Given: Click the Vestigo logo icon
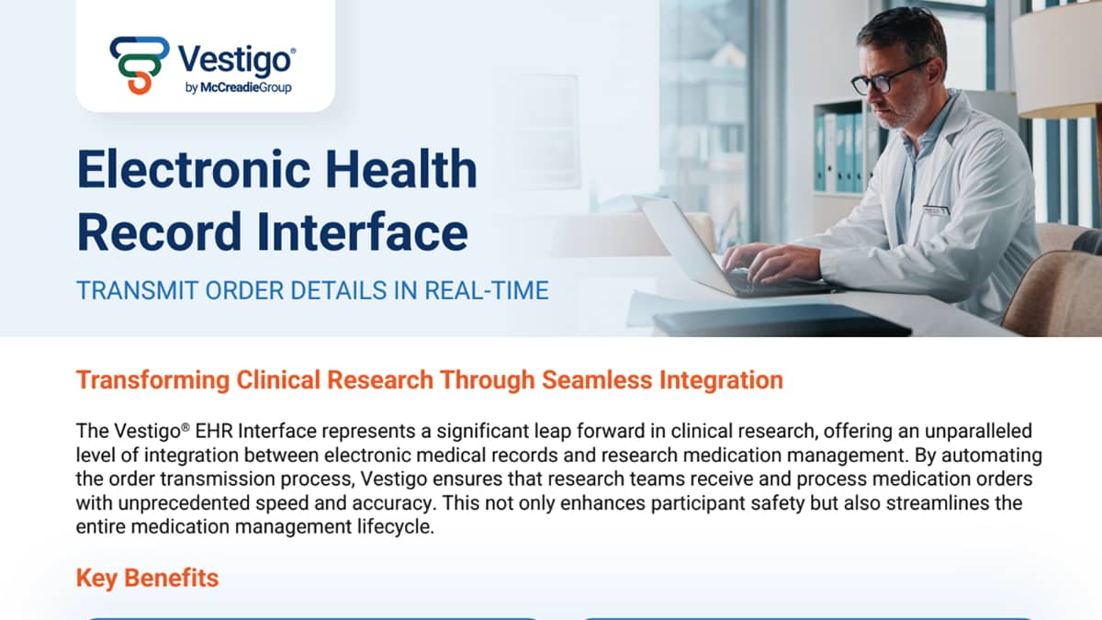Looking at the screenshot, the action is (x=140, y=65).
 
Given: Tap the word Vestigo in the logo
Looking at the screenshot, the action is (x=237, y=61).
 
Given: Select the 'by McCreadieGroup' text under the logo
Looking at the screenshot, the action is (x=239, y=87).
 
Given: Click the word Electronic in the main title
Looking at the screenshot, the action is (x=194, y=169).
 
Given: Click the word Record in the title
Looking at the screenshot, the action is (x=159, y=232).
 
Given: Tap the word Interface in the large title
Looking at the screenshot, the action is (x=362, y=231).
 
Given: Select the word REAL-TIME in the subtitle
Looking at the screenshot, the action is (x=487, y=290).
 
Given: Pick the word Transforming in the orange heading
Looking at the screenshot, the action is (x=153, y=380).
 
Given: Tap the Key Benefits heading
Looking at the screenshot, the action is (x=148, y=578).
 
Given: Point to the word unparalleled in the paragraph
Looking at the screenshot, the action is (x=978, y=431).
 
